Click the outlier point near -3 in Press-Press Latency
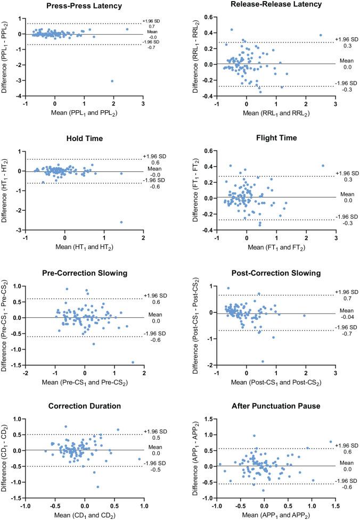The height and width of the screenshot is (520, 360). coord(112,81)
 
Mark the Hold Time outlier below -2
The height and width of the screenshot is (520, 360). coord(121,222)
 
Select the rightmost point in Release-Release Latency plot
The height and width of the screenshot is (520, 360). coord(321,35)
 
